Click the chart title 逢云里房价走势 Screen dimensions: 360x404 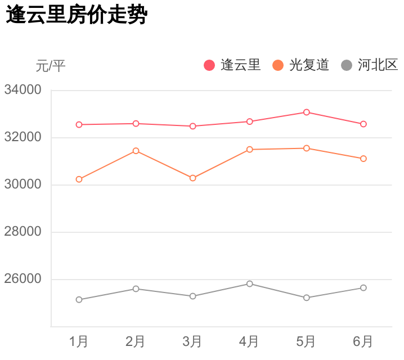coord(77,16)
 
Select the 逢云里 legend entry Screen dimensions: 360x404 coord(232,65)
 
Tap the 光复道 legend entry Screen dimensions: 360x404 coord(301,65)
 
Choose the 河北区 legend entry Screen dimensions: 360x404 coord(370,65)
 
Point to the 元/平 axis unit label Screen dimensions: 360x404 coord(51,66)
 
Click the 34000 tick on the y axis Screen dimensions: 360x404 coord(23,90)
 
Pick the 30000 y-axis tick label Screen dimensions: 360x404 coord(23,184)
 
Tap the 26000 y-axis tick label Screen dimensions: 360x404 coord(23,279)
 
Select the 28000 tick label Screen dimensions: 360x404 coord(23,232)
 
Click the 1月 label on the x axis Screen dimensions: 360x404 coord(79,341)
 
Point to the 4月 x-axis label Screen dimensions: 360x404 coord(249,341)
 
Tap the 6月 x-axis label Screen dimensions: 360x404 coord(363,341)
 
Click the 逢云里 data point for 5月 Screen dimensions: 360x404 coord(307,112)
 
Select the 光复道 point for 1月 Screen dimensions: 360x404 coord(79,179)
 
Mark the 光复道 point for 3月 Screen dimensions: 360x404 coord(193,178)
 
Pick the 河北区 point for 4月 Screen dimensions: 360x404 coord(250,283)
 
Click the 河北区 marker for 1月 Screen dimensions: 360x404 coord(79,300)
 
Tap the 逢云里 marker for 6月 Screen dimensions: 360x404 coord(363,124)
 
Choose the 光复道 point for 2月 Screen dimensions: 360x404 coord(136,151)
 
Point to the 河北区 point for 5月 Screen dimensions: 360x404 coord(307,298)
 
